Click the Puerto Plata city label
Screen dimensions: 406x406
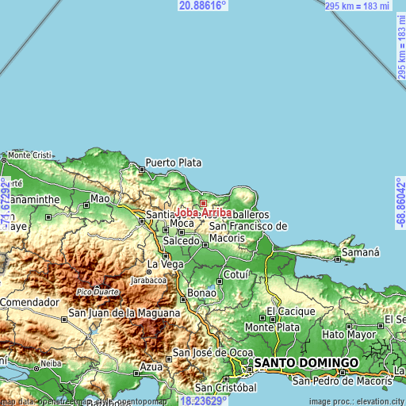pos(173,163)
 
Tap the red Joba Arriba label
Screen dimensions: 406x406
pos(205,213)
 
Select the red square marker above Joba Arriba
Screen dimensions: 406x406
pos(203,203)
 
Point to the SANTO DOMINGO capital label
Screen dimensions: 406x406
pos(306,362)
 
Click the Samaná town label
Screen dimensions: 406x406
pos(361,253)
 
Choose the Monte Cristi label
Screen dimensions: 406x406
pos(29,155)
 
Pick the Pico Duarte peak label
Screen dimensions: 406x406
pos(98,293)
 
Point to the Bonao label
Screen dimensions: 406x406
pos(201,293)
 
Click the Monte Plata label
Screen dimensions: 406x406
pos(272,327)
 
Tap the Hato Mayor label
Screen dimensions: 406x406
pos(350,335)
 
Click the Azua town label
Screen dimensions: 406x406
pos(151,367)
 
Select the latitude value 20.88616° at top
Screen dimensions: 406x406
pos(203,6)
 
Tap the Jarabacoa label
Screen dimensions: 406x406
pos(149,280)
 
